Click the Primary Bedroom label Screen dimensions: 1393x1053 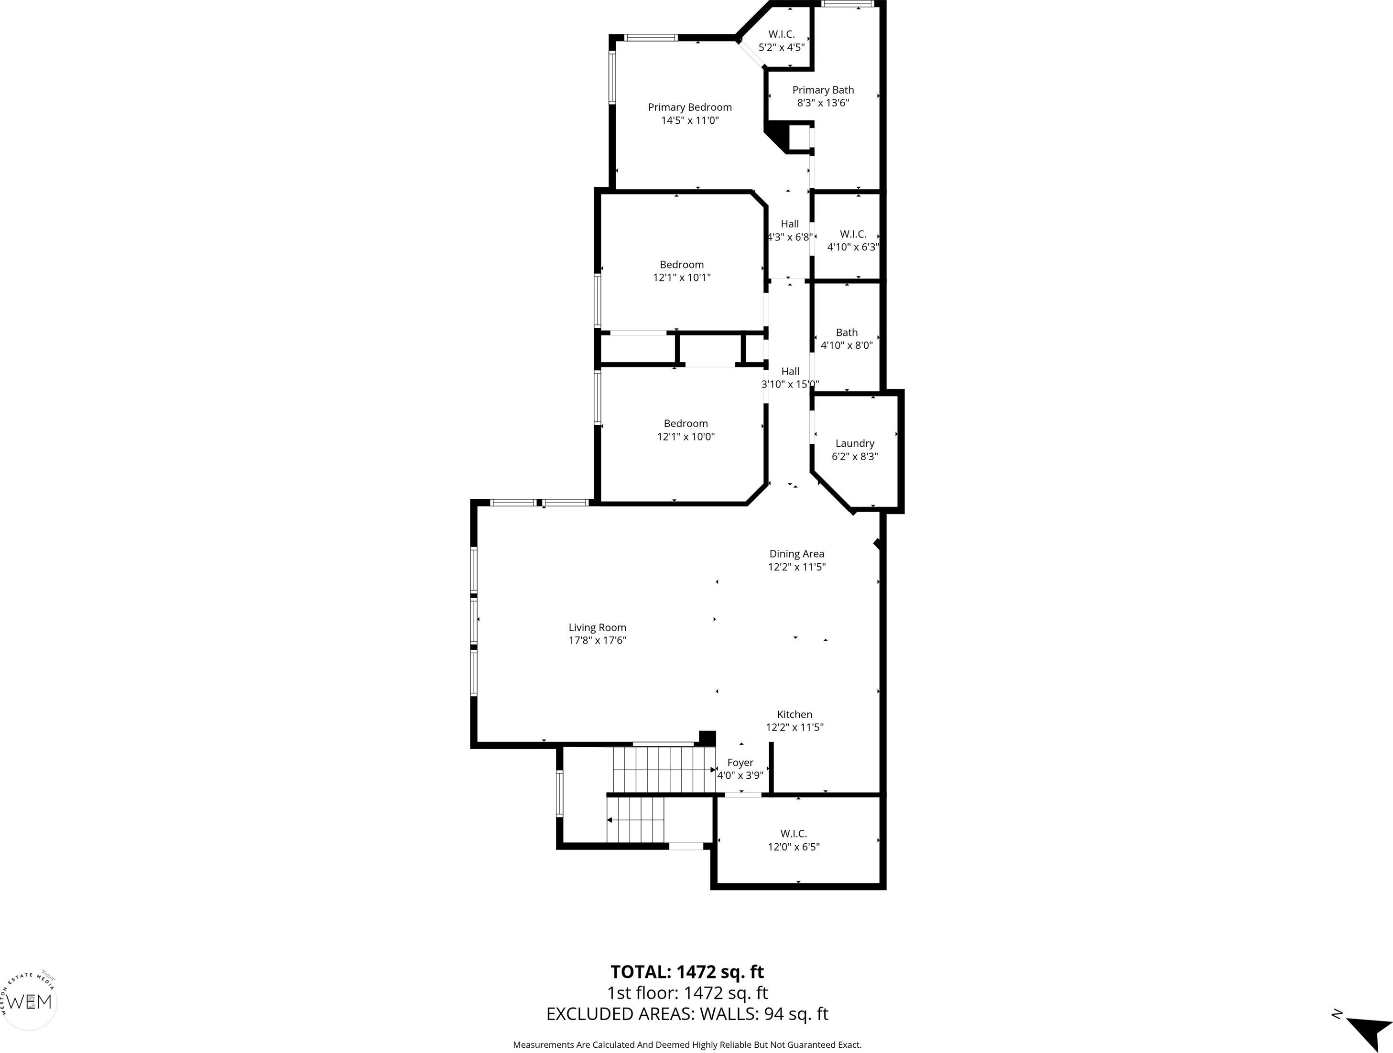click(690, 107)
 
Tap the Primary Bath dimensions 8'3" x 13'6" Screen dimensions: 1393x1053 click(823, 103)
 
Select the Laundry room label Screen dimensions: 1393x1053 click(855, 443)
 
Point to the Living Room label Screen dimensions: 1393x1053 click(597, 627)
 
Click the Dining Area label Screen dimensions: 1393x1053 click(796, 554)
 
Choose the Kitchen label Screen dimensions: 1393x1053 click(795, 714)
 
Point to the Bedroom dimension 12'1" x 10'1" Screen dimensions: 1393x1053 click(682, 277)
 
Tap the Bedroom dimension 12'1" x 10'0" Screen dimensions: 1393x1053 click(686, 436)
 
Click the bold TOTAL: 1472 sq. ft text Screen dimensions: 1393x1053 click(687, 972)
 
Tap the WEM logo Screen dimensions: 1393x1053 click(30, 1001)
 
